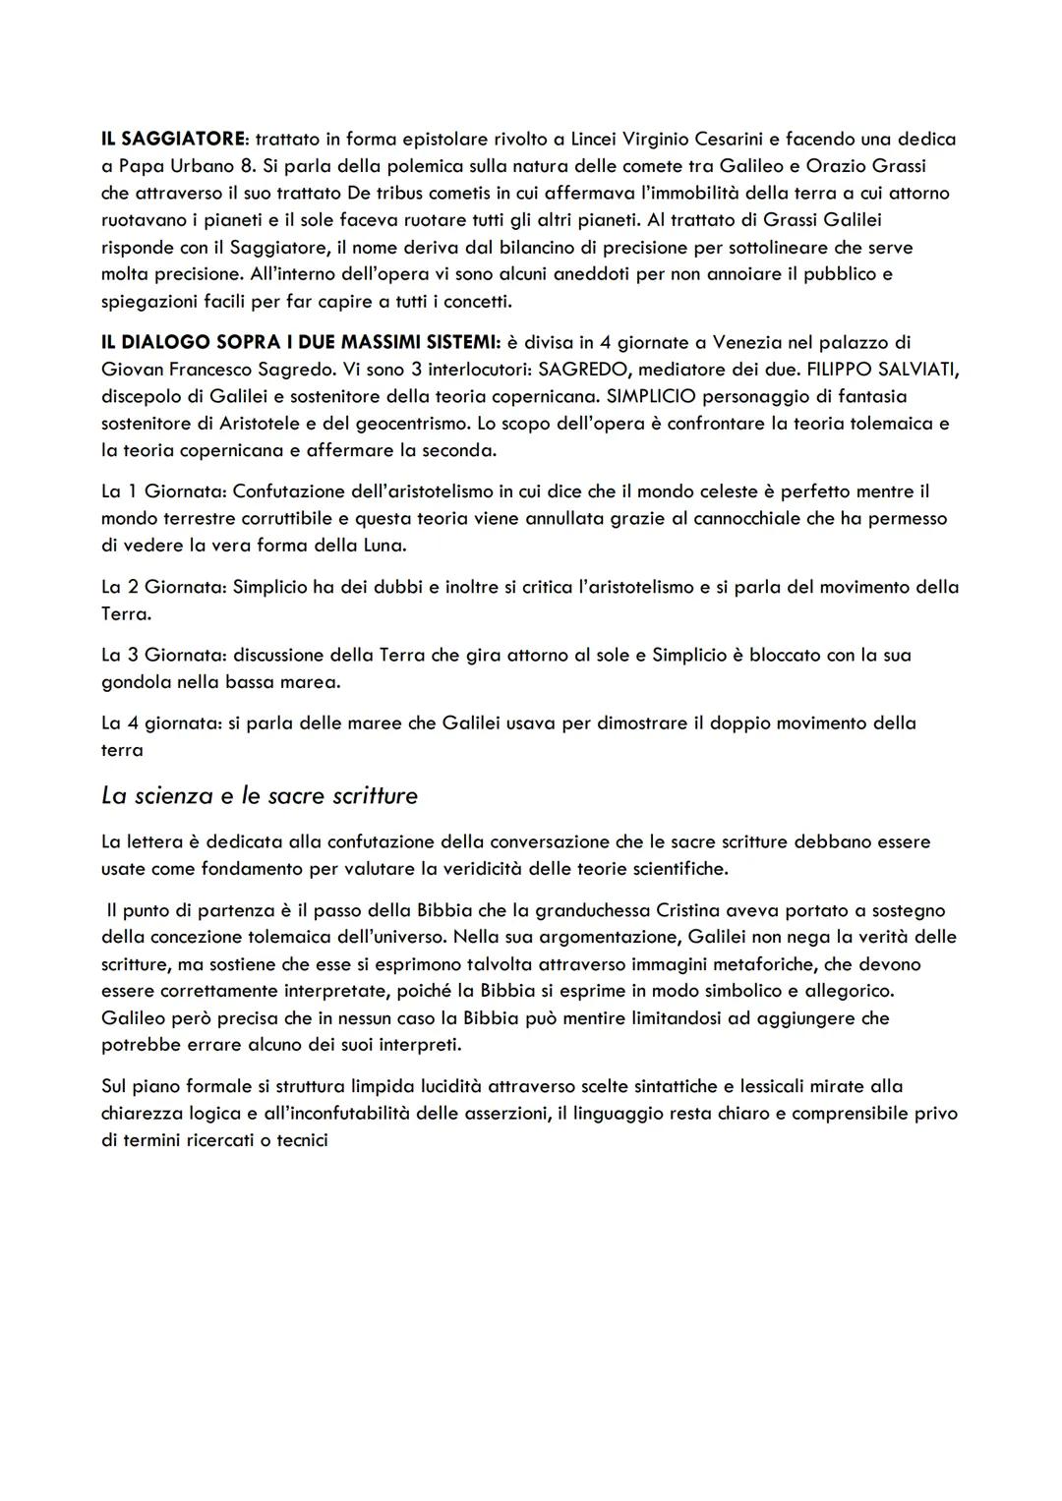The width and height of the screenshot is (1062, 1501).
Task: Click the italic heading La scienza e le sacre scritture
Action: (x=260, y=795)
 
